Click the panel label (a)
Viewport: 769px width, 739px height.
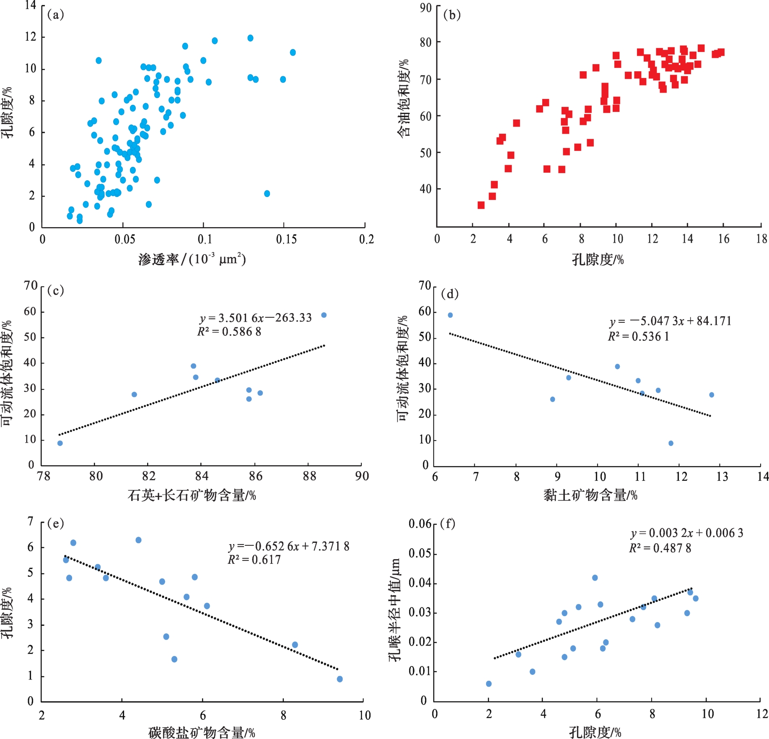pyautogui.click(x=55, y=15)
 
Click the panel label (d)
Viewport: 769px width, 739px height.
pyautogui.click(x=450, y=294)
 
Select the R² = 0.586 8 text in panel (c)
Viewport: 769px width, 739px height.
pyautogui.click(x=229, y=332)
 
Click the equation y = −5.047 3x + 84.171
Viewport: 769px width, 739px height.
pyautogui.click(x=670, y=322)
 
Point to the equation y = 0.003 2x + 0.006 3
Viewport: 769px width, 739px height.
pyautogui.click(x=687, y=533)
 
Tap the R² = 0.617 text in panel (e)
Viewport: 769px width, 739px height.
pyautogui.click(x=254, y=560)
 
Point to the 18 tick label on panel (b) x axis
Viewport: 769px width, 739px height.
pyautogui.click(x=761, y=239)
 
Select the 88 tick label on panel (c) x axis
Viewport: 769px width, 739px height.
pyautogui.click(x=309, y=476)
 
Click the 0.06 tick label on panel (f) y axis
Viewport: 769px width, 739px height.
pyautogui.click(x=420, y=524)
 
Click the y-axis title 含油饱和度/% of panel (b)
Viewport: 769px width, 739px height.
pyautogui.click(x=403, y=99)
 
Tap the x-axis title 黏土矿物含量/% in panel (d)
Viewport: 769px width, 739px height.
pyautogui.click(x=590, y=495)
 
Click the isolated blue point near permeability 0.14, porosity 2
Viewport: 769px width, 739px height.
pyautogui.click(x=267, y=194)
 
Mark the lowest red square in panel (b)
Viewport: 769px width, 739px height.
pyautogui.click(x=481, y=205)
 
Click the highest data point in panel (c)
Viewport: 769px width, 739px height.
pyautogui.click(x=324, y=315)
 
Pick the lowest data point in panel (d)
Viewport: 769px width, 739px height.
pyautogui.click(x=671, y=443)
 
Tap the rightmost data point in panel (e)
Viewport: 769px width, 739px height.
pyautogui.click(x=339, y=679)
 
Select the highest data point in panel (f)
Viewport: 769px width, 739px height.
pyautogui.click(x=595, y=578)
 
